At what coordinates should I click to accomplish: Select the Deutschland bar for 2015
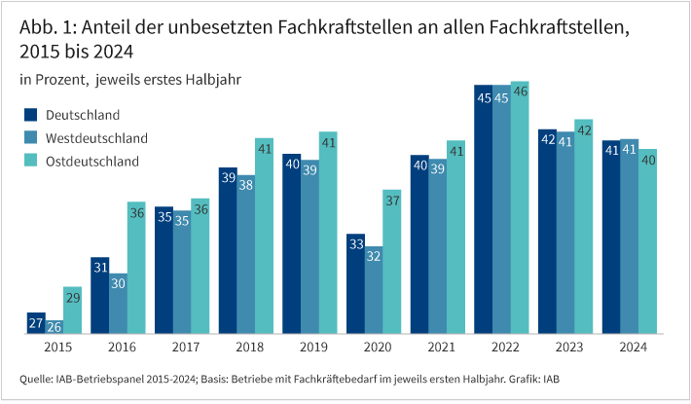(36, 324)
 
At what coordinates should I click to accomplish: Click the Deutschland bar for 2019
(291, 244)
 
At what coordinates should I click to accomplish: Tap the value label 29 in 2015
(73, 296)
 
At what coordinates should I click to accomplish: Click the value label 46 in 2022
(520, 91)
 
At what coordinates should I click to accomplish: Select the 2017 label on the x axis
(183, 348)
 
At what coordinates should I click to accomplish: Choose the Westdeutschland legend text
(96, 138)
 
